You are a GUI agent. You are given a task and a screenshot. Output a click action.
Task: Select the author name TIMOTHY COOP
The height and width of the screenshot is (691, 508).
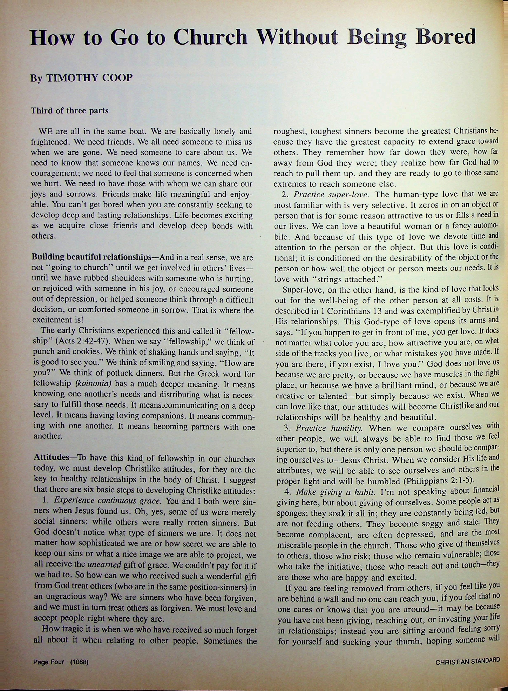(89, 78)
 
